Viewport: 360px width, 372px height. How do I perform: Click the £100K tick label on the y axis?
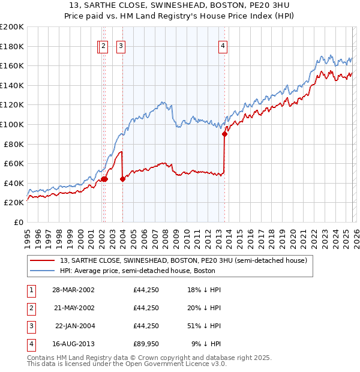[x=11, y=124]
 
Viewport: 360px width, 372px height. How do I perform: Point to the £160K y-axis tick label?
[x=11, y=65]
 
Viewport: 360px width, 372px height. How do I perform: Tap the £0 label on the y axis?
[x=18, y=222]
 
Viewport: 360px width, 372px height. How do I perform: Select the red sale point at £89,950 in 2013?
[x=225, y=134]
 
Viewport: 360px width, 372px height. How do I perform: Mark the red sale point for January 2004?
[x=122, y=179]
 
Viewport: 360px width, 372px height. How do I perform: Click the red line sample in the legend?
[x=43, y=260]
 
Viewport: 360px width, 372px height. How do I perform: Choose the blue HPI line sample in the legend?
[x=43, y=271]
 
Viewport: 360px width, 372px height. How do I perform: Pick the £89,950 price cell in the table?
[x=146, y=344]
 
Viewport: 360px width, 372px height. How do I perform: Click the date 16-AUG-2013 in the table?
[x=73, y=344]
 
